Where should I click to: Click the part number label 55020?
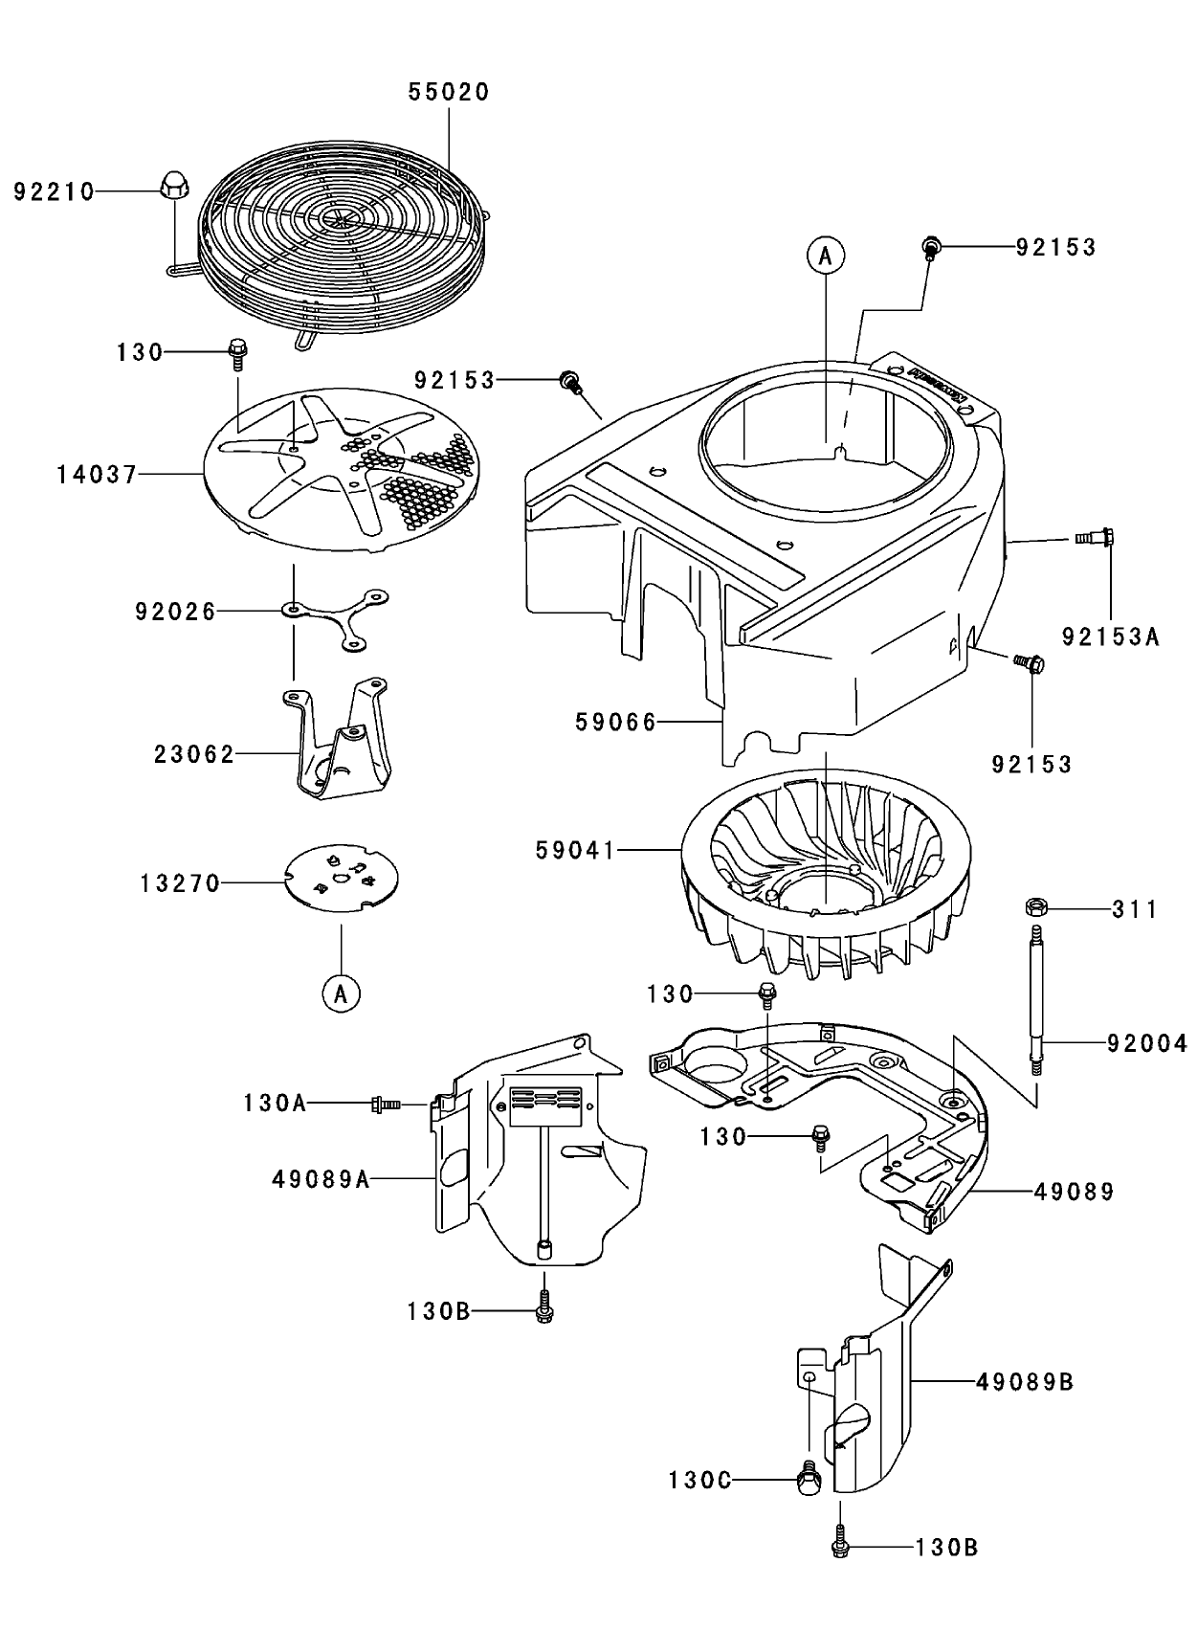(x=449, y=92)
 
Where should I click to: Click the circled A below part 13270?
(x=341, y=993)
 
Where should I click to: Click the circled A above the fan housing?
(x=826, y=256)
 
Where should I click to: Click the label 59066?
(x=616, y=722)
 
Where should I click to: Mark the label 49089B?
(x=1025, y=1382)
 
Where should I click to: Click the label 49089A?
(x=321, y=1179)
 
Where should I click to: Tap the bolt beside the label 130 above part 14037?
(x=237, y=354)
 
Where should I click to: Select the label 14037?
(x=97, y=474)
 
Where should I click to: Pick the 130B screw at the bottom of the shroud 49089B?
(x=839, y=1543)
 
